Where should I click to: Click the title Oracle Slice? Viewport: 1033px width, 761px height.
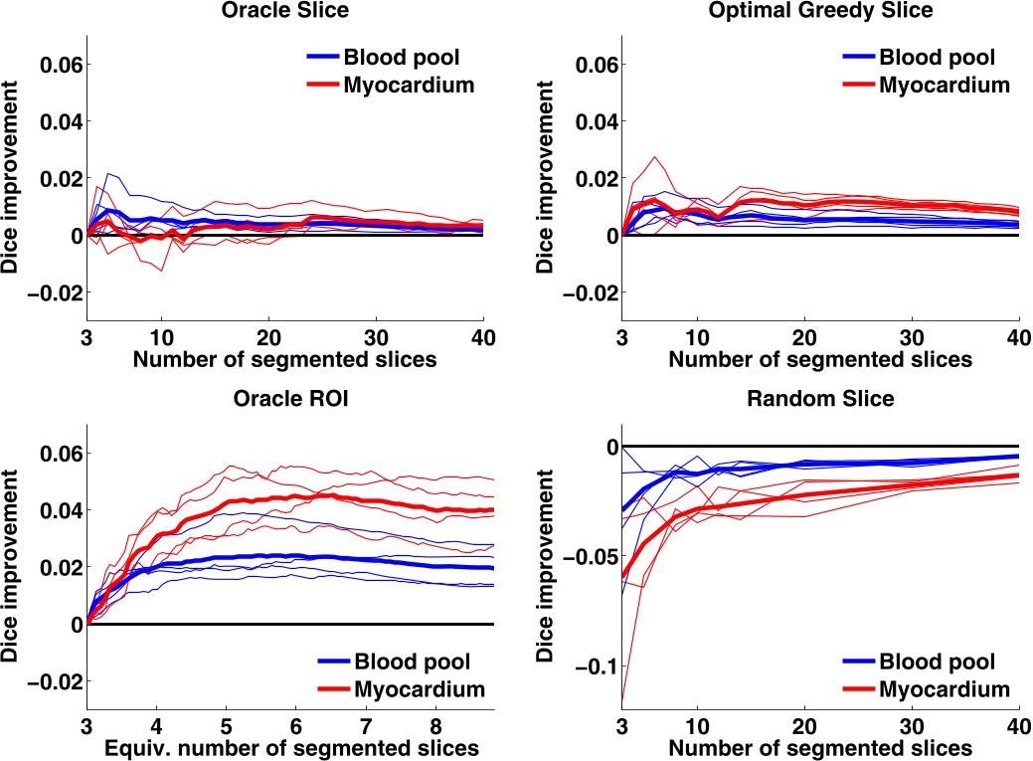click(284, 12)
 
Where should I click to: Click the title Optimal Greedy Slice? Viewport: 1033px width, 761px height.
click(820, 12)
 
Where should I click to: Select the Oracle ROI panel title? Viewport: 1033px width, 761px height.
click(284, 400)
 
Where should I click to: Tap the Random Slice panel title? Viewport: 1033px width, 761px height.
click(820, 400)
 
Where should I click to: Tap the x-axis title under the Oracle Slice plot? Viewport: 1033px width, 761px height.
click(284, 358)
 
